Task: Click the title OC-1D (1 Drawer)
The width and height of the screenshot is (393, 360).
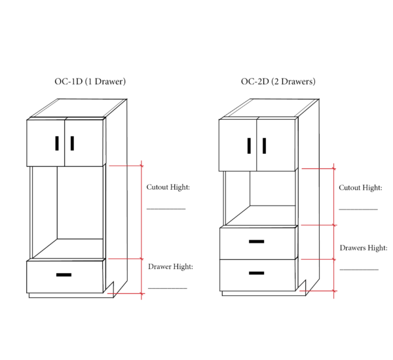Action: click(90, 82)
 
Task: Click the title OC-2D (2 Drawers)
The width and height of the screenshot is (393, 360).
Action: click(278, 82)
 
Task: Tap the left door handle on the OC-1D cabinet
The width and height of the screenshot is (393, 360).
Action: click(57, 143)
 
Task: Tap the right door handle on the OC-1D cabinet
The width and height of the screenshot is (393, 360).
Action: click(72, 143)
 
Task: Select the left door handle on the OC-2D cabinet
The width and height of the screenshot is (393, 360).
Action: click(249, 145)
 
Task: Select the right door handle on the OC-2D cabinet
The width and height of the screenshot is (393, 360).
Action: click(264, 145)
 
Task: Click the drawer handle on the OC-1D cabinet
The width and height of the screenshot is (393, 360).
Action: click(64, 275)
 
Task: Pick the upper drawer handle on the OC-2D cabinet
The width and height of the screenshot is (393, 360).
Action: click(256, 242)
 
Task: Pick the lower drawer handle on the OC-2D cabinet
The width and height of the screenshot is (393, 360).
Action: click(256, 273)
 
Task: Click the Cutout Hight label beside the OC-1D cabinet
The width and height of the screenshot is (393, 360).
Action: click(168, 187)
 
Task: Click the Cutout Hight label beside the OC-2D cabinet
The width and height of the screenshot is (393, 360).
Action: click(360, 188)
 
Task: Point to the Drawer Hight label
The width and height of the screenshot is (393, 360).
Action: click(171, 267)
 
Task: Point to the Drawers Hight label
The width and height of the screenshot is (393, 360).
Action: click(364, 248)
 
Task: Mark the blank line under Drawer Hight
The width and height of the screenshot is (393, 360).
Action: click(168, 289)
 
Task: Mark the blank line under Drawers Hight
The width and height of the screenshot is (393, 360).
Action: click(359, 270)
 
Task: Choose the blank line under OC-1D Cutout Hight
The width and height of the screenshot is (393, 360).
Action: click(166, 209)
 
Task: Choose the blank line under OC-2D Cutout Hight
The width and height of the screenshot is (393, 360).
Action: click(358, 209)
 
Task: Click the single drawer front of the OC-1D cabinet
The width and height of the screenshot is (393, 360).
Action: click(65, 277)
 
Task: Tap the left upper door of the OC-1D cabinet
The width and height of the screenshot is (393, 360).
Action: click(46, 143)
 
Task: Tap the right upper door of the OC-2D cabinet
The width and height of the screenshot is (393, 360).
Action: click(276, 145)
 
